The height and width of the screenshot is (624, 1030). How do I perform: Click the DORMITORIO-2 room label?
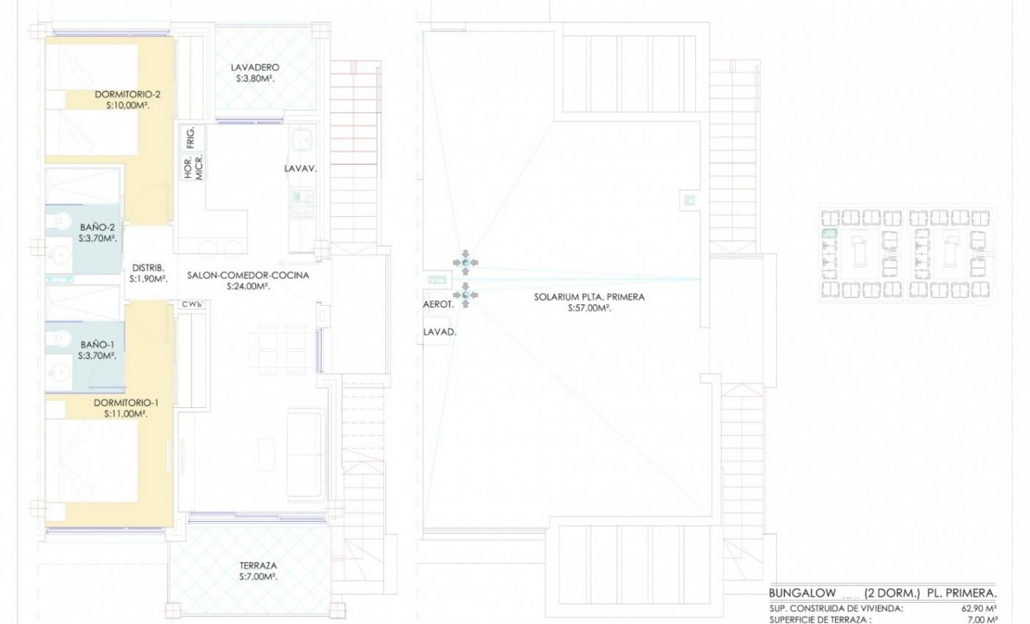[x=127, y=94]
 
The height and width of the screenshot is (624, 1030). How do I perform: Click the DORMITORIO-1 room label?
[x=126, y=402]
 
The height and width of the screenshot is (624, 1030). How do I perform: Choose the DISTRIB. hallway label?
[x=147, y=264]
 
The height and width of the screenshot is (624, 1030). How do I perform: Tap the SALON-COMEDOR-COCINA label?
[x=248, y=275]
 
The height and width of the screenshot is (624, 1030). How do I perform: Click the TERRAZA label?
[x=258, y=565]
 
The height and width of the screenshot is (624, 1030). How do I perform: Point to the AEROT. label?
[x=438, y=306]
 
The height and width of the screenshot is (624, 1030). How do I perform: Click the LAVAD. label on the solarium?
[x=439, y=331]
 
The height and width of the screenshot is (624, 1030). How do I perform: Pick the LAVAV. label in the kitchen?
[x=300, y=167]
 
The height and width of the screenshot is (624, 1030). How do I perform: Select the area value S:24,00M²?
[x=248, y=286]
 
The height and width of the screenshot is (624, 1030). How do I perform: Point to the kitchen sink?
[x=301, y=141]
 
